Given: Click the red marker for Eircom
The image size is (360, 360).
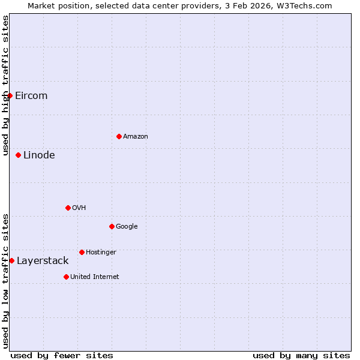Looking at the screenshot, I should [x=10, y=95].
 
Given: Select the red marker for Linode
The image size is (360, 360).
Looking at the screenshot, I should [x=18, y=155].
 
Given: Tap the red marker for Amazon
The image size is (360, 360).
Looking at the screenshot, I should [x=119, y=136].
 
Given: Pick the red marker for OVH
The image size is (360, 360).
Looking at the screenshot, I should [x=68, y=208].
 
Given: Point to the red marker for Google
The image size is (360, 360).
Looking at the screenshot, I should [x=112, y=226].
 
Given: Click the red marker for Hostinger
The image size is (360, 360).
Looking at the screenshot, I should [x=82, y=252].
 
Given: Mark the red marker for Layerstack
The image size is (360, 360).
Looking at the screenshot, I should [x=11, y=260].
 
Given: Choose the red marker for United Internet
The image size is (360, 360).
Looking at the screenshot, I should [x=66, y=277].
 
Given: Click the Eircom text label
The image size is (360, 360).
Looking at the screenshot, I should [x=31, y=96].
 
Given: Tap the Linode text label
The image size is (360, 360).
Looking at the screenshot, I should [x=39, y=155].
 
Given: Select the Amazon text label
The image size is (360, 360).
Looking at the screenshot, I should [x=136, y=137].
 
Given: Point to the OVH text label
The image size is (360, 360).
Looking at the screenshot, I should [x=79, y=208].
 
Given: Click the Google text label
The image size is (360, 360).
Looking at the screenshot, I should [x=127, y=227].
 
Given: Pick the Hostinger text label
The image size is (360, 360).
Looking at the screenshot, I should [x=101, y=253].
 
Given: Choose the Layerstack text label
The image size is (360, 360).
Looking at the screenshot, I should [x=43, y=261].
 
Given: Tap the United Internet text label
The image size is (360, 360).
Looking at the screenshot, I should [x=95, y=277].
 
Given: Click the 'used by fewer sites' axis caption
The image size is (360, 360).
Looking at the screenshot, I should [x=62, y=355].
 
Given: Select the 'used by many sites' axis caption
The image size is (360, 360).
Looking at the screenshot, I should [x=301, y=355].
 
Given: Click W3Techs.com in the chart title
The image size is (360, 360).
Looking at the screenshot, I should [x=307, y=5].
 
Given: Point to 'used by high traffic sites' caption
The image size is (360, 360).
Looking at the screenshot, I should [x=5, y=85].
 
